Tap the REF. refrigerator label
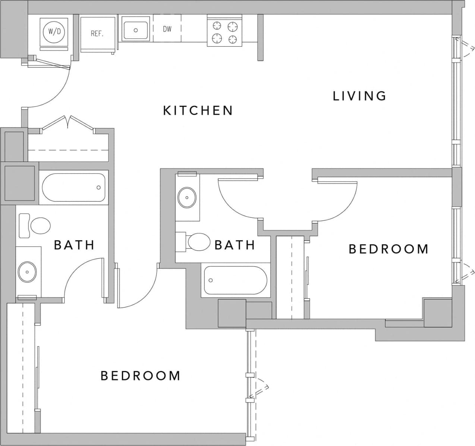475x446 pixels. pos(97,34)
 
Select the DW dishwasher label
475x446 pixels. pos(167,29)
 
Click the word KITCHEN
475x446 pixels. pos(198,111)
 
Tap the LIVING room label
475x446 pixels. pos(359,96)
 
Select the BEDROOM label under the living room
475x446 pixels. pos(388,249)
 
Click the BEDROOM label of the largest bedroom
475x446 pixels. pos(141,376)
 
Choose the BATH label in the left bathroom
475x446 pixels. pos(74,245)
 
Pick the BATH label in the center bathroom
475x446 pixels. pos(235,245)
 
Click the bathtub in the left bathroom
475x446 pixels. pos(73,188)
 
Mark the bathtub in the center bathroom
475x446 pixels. pos(235,280)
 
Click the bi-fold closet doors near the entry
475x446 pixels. pos(68,122)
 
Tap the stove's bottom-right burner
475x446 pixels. pos(233,38)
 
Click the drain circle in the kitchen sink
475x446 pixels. pos(136,30)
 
